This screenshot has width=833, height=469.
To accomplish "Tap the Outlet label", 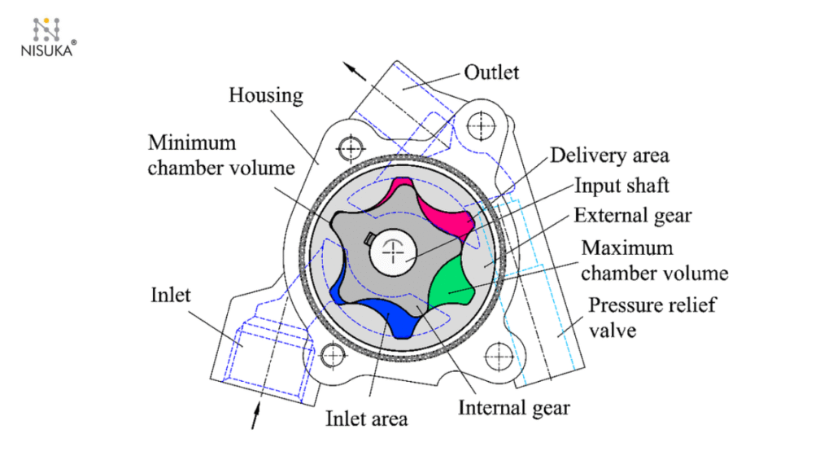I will coord(491,72).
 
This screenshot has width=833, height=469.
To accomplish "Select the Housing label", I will coord(265,95).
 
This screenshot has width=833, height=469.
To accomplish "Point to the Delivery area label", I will coord(608,155).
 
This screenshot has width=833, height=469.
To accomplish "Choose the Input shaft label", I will coord(621,185).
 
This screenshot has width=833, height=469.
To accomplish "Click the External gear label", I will coord(632,215).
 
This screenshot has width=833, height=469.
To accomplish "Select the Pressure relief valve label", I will coord(642,318).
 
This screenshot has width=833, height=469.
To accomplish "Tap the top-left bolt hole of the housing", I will coord(351,148).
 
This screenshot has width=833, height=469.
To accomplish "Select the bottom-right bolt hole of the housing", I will coord(499,355).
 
